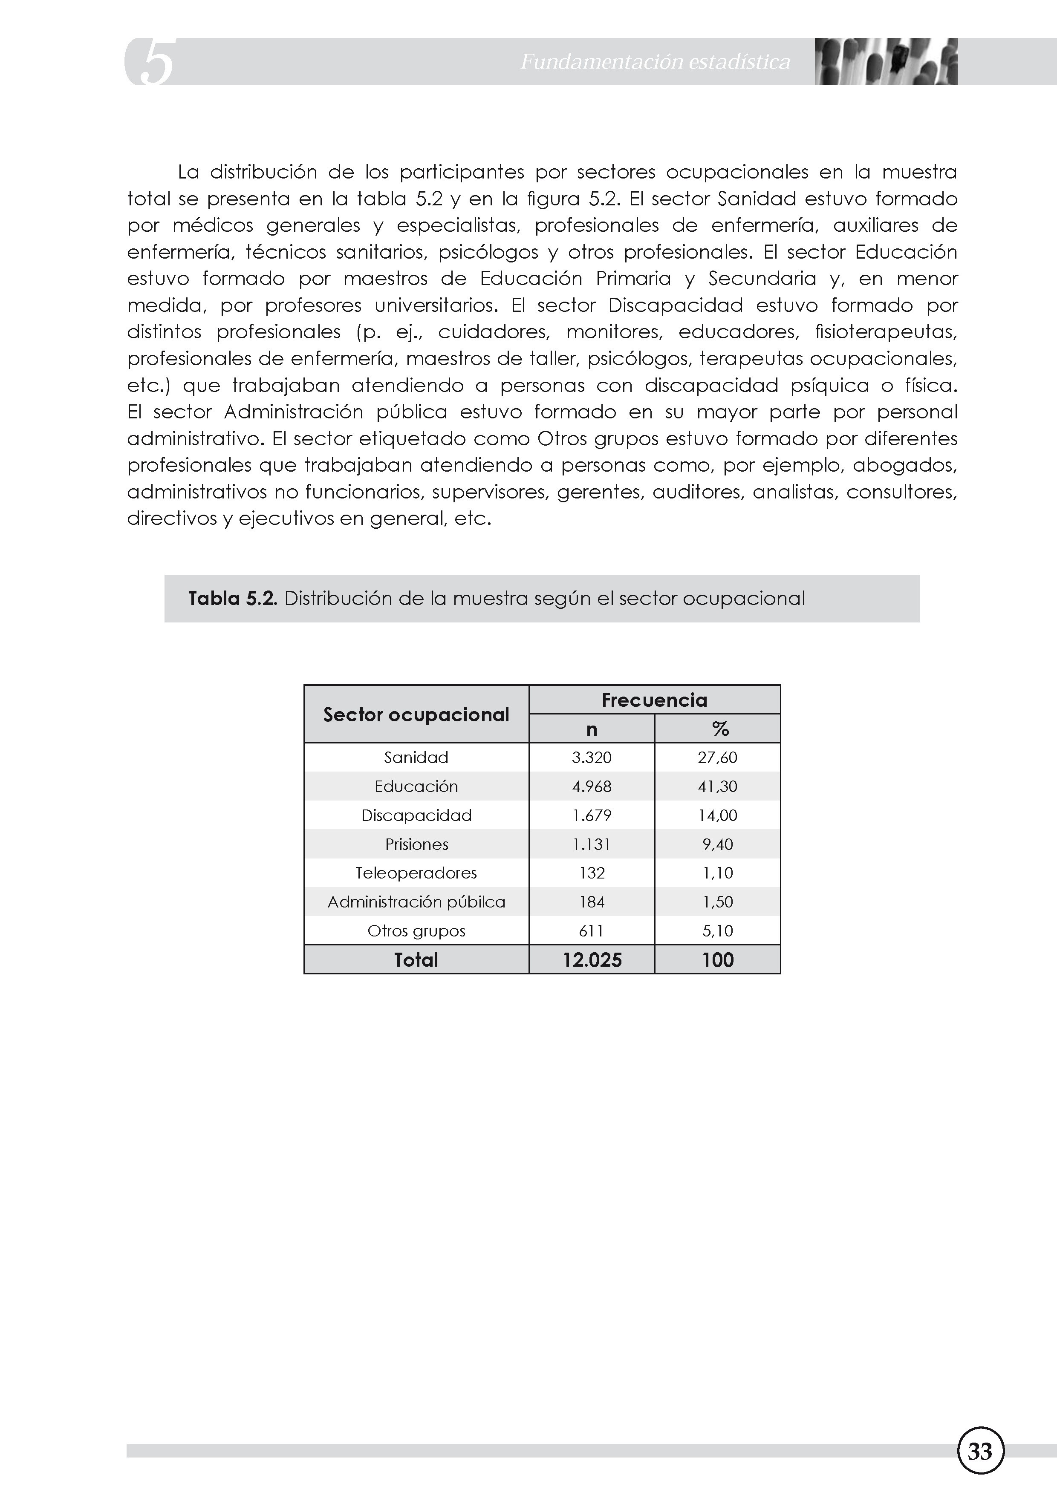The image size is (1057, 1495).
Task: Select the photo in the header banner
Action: tap(886, 62)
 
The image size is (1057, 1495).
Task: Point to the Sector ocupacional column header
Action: tap(416, 714)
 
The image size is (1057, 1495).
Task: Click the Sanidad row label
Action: tap(416, 757)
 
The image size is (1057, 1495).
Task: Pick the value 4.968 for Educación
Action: tap(591, 786)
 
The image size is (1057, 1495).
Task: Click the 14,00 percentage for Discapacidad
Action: tap(718, 815)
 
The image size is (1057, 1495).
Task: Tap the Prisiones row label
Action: tap(416, 844)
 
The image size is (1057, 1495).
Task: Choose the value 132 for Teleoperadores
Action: tap(591, 873)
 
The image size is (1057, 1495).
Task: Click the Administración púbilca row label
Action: tap(416, 902)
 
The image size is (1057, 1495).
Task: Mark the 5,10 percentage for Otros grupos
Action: tap(718, 931)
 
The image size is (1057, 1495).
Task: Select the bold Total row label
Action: tap(416, 960)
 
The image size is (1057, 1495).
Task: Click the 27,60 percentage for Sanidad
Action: tap(718, 757)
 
